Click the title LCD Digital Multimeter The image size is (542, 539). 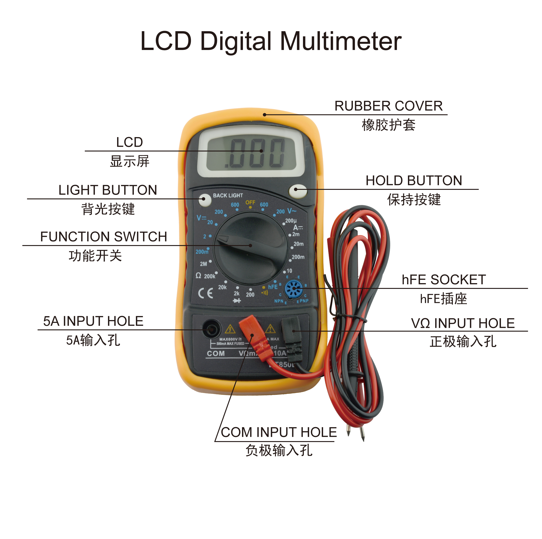(271, 41)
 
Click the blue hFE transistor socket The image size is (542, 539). (293, 289)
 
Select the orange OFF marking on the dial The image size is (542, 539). (250, 202)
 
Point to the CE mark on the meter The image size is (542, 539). (206, 293)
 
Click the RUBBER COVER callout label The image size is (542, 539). (388, 106)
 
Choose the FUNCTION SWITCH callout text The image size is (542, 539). (104, 237)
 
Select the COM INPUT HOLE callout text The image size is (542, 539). (279, 432)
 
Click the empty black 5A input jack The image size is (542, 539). (211, 329)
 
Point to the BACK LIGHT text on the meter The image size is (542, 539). (228, 195)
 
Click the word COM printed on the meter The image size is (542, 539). (216, 354)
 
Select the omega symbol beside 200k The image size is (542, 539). (198, 276)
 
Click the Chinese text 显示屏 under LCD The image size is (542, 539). (130, 161)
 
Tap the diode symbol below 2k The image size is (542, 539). (237, 301)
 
